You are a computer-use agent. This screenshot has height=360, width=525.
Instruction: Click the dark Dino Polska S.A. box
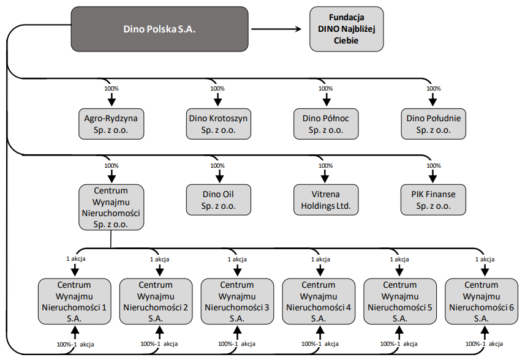tap(159, 29)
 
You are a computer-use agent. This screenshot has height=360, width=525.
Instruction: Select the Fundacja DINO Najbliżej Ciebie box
tap(347, 29)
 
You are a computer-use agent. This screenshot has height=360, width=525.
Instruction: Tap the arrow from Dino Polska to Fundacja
tap(276, 29)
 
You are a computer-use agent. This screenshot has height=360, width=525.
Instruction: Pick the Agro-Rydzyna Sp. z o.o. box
tap(111, 124)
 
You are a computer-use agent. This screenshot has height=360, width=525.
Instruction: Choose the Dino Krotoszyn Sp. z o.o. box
tap(218, 124)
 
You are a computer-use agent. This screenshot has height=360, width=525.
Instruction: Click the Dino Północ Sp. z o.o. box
tap(326, 124)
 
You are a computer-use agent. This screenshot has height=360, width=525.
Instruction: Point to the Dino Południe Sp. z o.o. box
tap(433, 124)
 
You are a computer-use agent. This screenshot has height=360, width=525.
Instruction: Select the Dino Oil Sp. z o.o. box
tap(218, 200)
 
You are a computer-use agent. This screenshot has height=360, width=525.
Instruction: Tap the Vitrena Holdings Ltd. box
tap(326, 200)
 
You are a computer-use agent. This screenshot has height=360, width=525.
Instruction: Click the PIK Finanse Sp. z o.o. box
tap(433, 200)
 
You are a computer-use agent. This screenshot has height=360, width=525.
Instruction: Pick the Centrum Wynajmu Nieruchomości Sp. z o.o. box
tap(111, 207)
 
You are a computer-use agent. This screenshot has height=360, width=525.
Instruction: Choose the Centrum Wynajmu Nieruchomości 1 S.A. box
tap(74, 301)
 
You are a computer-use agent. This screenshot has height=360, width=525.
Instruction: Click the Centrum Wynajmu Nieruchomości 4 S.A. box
tap(319, 301)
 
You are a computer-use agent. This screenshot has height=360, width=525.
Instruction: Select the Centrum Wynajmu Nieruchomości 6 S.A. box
tap(482, 301)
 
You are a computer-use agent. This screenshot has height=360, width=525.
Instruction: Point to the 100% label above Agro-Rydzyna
tap(111, 89)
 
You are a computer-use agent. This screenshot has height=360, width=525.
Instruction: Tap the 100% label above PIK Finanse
tap(434, 166)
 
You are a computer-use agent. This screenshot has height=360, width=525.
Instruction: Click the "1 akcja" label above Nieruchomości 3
tap(237, 260)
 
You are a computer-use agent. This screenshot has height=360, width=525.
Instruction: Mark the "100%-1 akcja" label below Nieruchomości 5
tap(399, 343)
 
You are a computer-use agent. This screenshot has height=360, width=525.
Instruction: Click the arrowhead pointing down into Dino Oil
tap(219, 179)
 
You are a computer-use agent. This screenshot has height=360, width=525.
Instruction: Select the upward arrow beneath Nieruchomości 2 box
tap(160, 333)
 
